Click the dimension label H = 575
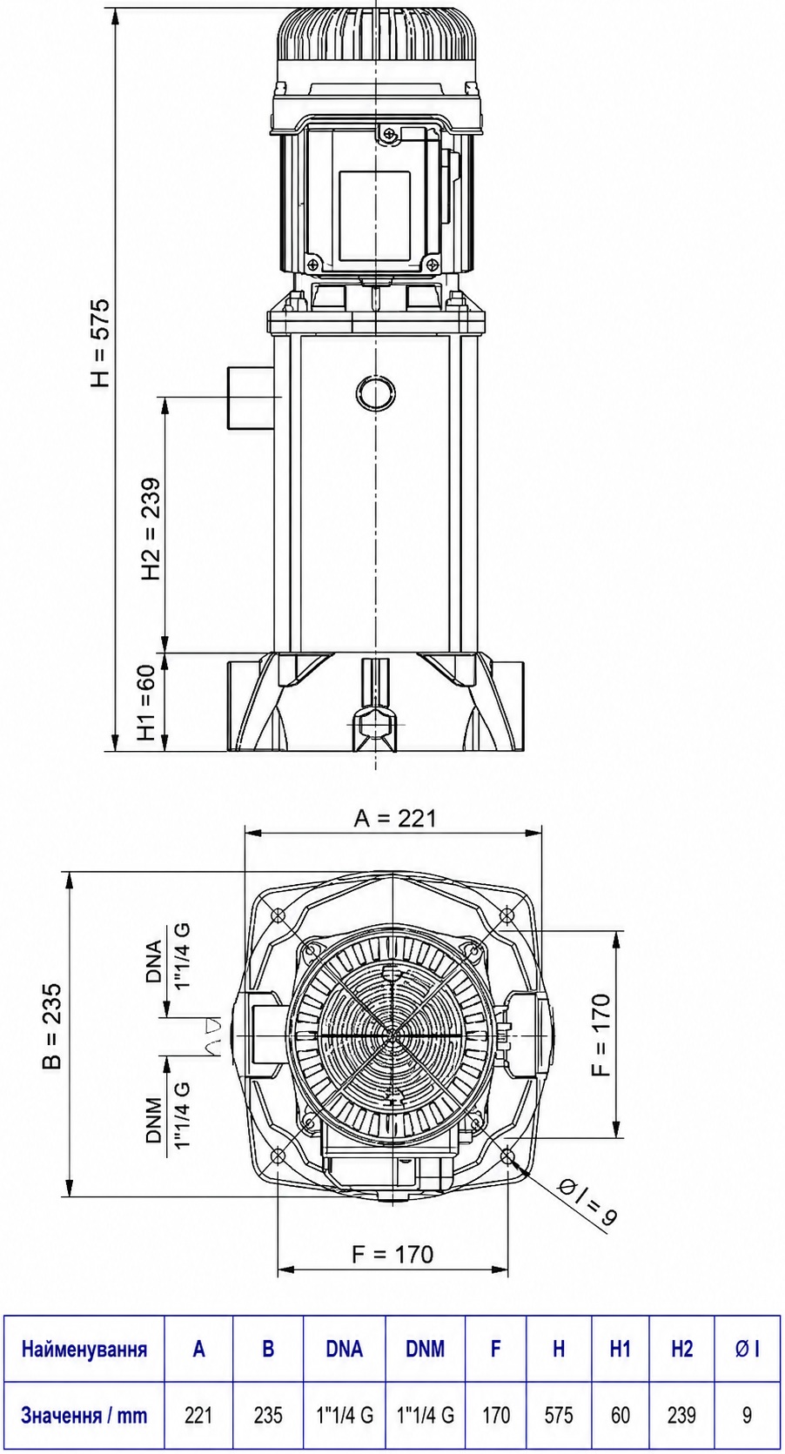tap(101, 343)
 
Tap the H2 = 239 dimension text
tap(151, 530)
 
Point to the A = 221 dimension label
tap(395, 819)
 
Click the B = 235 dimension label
tap(51, 1026)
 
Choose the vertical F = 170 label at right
tap(602, 1035)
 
